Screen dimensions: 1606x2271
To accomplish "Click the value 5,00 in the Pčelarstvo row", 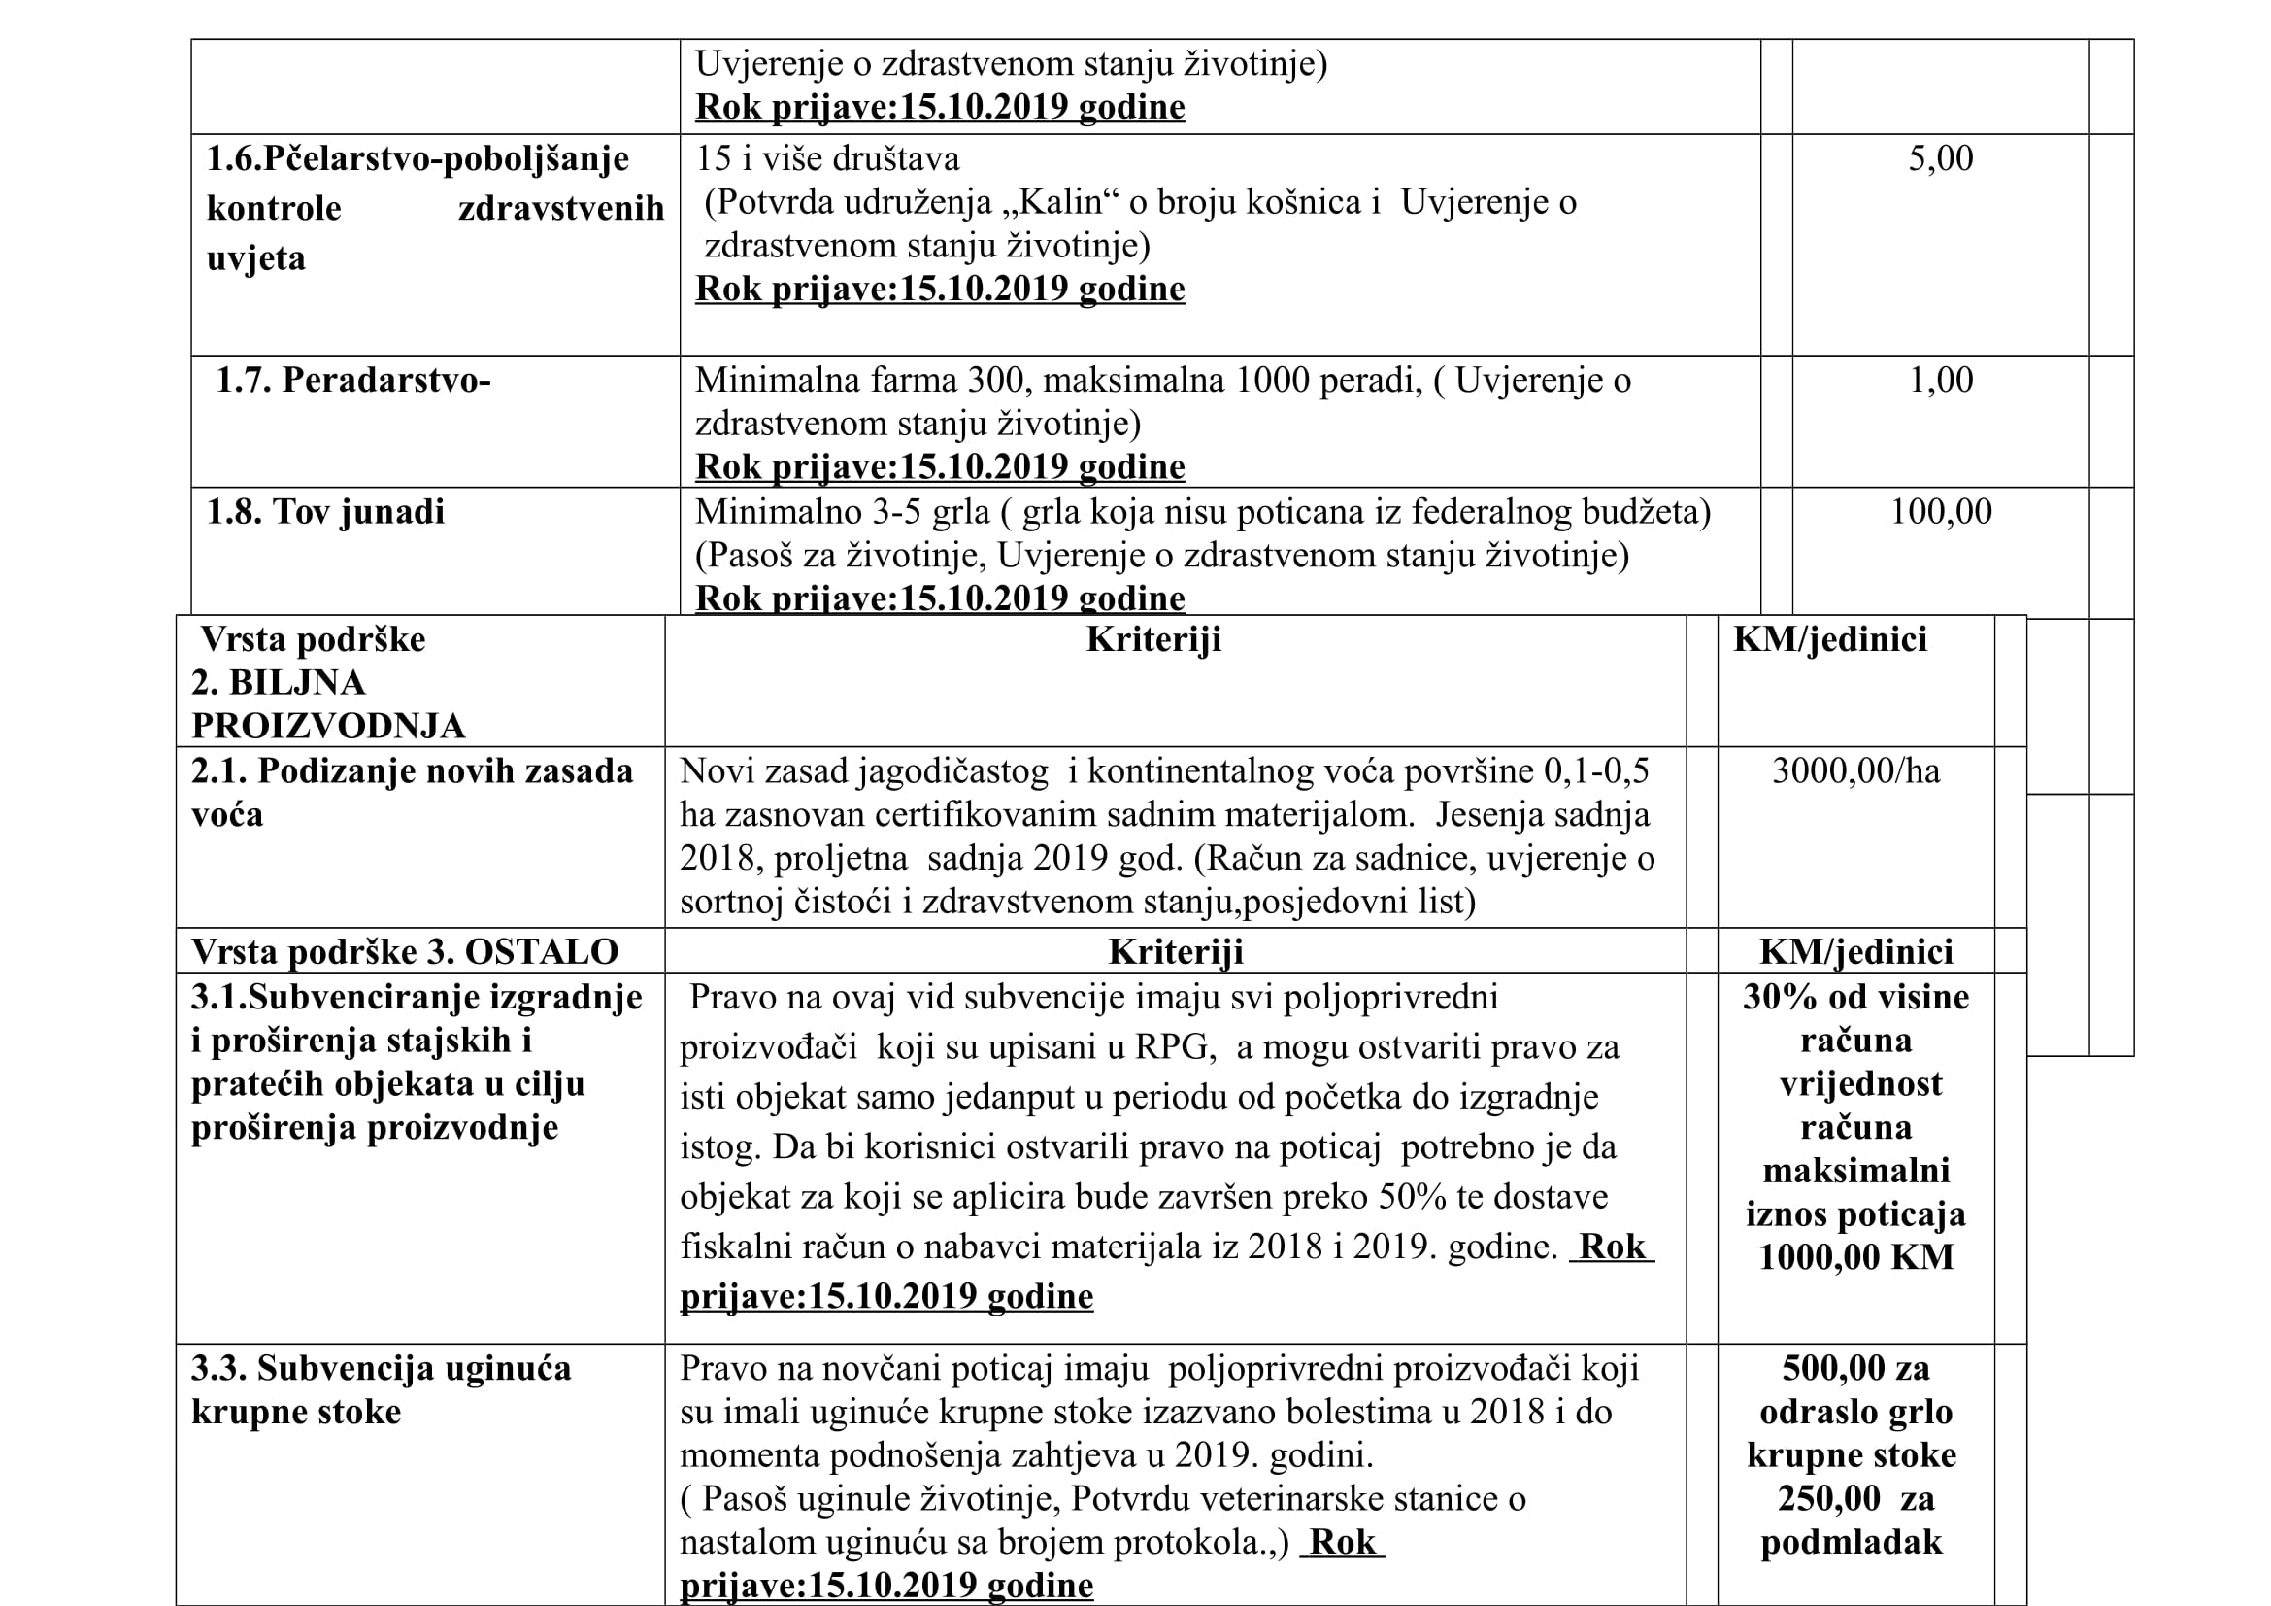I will click(x=1940, y=159).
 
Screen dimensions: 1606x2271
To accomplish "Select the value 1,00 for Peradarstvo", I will click(x=1940, y=381).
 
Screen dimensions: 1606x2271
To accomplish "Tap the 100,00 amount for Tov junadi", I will click(x=1940, y=513).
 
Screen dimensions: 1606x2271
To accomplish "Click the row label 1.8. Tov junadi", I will click(x=325, y=513).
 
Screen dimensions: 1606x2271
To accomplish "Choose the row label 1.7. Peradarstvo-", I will click(x=353, y=381).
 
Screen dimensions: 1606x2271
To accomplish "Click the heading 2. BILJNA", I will click(x=279, y=684).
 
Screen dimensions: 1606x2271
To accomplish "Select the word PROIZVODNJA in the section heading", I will click(x=328, y=728).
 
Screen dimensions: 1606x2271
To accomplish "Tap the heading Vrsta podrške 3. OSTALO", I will click(x=405, y=952).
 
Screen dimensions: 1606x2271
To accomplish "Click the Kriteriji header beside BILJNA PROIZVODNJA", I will click(x=1153, y=640).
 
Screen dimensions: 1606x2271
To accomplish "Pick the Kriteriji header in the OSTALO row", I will click(x=1175, y=952).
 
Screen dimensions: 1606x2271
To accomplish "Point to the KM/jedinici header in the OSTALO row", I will click(x=1855, y=952).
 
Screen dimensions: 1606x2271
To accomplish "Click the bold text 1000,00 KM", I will click(x=1855, y=1257).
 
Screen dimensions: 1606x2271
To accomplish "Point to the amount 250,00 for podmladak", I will click(x=1828, y=1499).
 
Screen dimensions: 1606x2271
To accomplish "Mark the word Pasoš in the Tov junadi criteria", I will click(x=751, y=556).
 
